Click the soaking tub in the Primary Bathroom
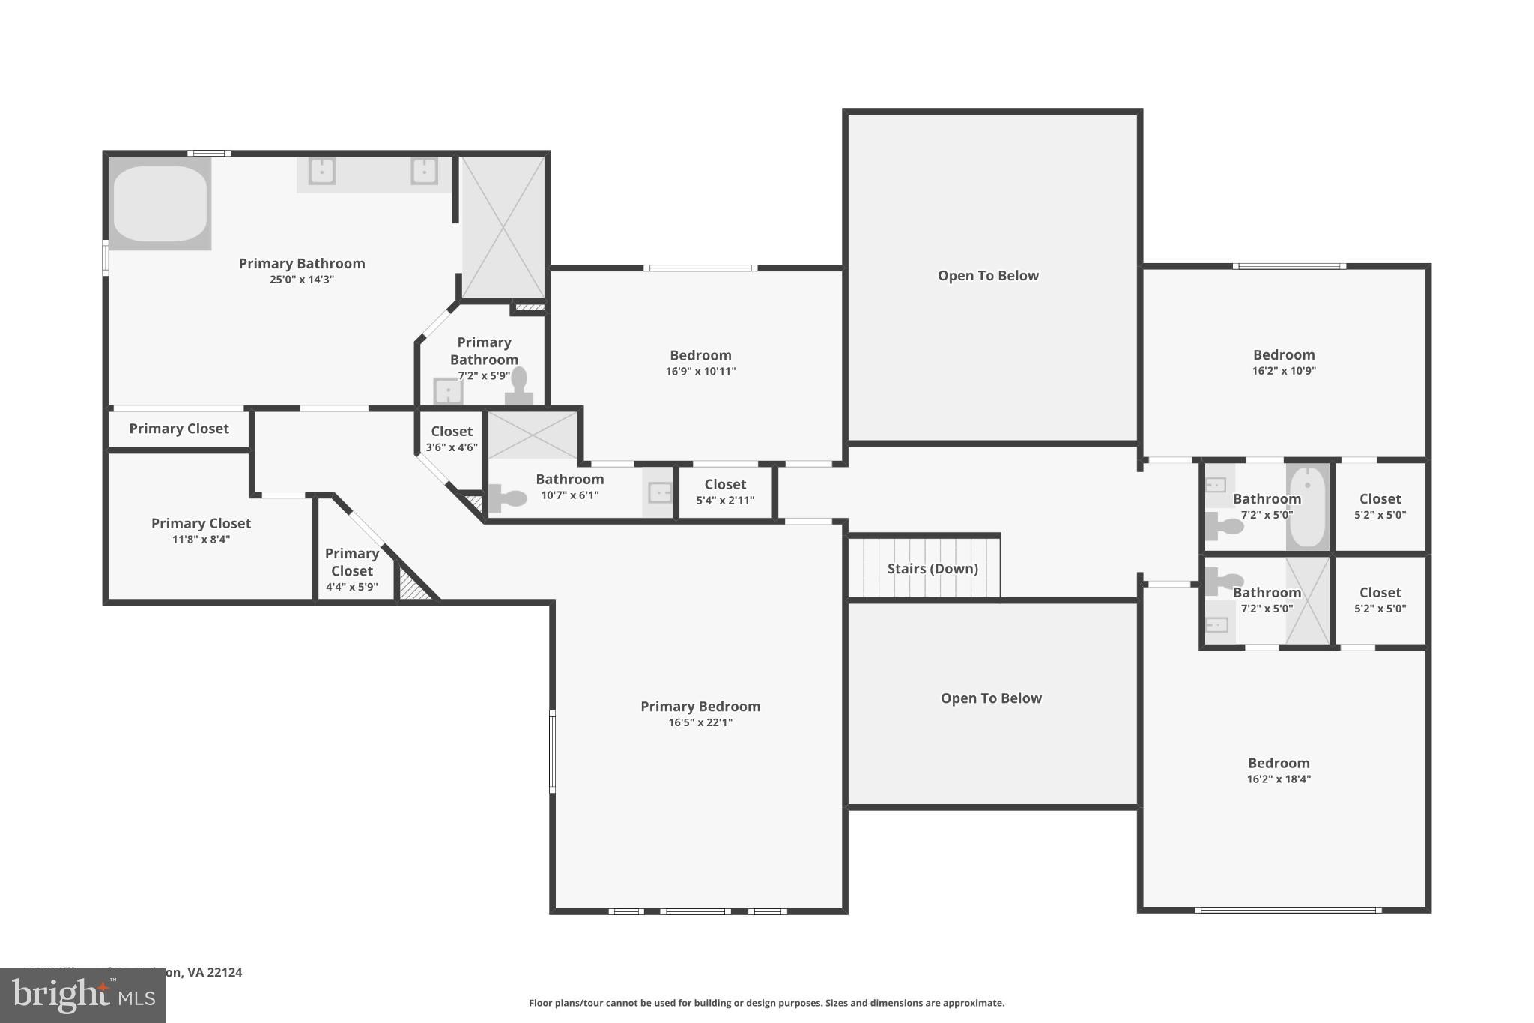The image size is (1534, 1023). tap(160, 203)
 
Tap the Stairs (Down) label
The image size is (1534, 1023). tap(933, 569)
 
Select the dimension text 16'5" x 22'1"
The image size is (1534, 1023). tap(700, 722)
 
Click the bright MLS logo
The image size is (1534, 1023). tap(83, 995)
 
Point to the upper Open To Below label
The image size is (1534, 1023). tap(988, 276)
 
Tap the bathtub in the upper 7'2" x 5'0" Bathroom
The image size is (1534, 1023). tap(1308, 507)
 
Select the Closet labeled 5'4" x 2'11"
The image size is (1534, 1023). tap(725, 492)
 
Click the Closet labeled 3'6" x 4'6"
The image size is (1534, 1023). tap(452, 438)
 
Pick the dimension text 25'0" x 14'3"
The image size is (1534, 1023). tap(302, 280)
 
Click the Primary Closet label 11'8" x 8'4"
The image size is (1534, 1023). tap(201, 531)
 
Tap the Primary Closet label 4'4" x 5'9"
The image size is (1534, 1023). tap(352, 570)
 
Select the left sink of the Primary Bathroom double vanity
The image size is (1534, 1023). tap(322, 172)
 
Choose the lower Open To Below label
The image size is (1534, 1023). tap(991, 698)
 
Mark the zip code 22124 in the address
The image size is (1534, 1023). tap(225, 972)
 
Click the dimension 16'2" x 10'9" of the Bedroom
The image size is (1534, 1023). tap(1284, 371)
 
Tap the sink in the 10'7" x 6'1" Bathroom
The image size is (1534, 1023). tap(659, 492)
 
